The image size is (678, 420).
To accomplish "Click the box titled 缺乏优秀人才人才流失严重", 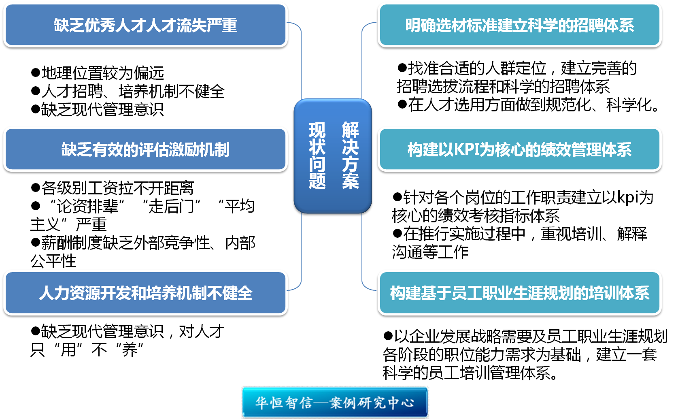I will [145, 25].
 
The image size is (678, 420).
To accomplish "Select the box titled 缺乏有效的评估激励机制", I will [145, 149].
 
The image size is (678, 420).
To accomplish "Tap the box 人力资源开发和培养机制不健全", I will [145, 293].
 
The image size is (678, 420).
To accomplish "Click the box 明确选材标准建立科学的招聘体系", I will [519, 25].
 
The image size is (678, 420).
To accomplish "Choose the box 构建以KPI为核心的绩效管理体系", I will [519, 149].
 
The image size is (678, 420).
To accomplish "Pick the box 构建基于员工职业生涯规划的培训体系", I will [519, 293].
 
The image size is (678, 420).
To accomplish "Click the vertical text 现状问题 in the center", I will [317, 156].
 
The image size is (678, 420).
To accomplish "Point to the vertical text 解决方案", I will [350, 156].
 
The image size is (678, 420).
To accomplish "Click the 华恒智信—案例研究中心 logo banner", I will [335, 402].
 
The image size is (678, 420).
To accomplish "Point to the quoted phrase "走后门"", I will [171, 206].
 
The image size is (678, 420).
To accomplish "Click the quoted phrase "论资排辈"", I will [87, 206].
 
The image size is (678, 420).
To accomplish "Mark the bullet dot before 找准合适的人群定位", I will [402, 68].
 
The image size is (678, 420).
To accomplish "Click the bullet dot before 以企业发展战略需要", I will [388, 336].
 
